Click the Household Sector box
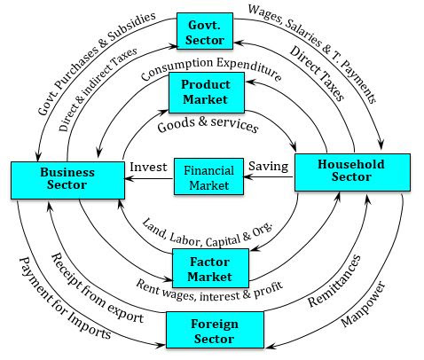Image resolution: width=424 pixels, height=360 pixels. pyautogui.click(x=351, y=171)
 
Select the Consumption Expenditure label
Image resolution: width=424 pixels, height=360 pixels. pyautogui.click(x=209, y=68)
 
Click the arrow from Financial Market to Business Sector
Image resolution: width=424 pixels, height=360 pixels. pyautogui.click(x=148, y=178)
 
